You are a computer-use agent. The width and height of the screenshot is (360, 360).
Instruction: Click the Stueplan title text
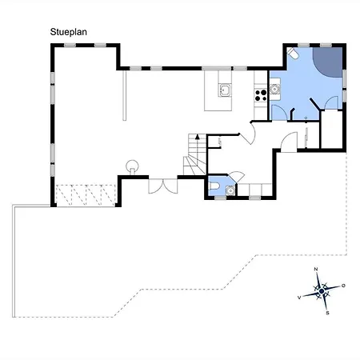coord(69,32)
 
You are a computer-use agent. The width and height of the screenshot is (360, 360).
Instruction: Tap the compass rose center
coord(322,291)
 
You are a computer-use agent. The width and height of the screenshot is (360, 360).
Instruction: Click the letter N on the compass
coord(316,269)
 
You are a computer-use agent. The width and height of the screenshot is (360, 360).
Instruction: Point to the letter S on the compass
coord(327,313)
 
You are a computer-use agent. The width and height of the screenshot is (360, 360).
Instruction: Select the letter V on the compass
coord(299,298)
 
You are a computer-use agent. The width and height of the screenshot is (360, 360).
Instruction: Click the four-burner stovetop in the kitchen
coord(261,95)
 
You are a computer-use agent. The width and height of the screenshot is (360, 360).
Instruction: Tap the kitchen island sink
coord(225,90)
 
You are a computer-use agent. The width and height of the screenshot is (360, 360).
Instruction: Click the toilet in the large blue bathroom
coord(292,53)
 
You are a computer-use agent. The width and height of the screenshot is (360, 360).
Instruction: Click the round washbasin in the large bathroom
coord(274,89)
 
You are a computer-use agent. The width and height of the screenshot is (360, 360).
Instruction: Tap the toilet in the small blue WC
coord(214,186)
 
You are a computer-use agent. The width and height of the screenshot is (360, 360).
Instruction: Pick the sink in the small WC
coord(230,190)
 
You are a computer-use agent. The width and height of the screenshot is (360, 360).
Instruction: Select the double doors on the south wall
coord(163,186)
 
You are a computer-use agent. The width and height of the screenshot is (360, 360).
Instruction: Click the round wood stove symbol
coord(132,166)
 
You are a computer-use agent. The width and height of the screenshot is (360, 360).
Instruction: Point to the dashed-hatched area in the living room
coord(86,195)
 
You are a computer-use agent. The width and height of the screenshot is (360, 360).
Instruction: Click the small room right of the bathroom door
coord(331,129)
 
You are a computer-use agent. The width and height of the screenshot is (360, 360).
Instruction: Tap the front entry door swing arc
coord(288,142)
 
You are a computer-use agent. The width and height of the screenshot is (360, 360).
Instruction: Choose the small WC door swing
coord(237,177)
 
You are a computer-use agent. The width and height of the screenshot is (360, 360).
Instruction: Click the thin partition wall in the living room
coord(124,95)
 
